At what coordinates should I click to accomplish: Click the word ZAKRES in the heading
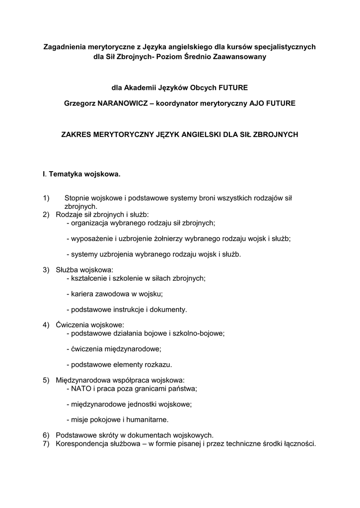point(77,134)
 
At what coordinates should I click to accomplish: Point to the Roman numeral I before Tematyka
point(44,175)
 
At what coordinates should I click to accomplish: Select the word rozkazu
point(157,365)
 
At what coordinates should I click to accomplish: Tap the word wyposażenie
point(92,238)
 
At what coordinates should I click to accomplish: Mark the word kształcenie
point(91,278)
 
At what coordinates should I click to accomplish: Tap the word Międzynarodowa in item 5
point(82,380)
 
